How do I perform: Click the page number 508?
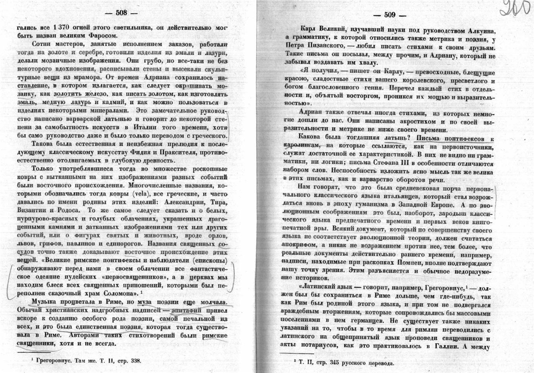pos(121,13)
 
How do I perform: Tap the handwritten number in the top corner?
pos(516,9)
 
